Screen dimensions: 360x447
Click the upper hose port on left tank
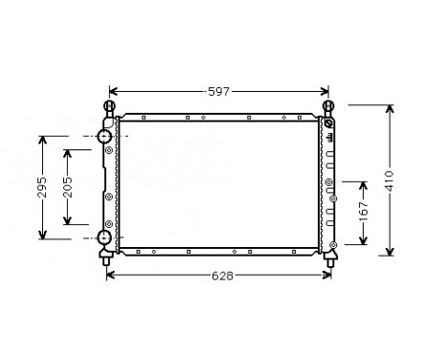[103, 138]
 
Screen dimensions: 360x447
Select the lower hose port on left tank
[103, 237]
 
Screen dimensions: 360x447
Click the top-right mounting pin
[329, 106]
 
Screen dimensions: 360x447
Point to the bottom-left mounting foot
[105, 256]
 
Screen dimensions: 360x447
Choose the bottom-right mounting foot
[332, 255]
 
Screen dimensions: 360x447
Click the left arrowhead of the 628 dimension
[109, 275]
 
